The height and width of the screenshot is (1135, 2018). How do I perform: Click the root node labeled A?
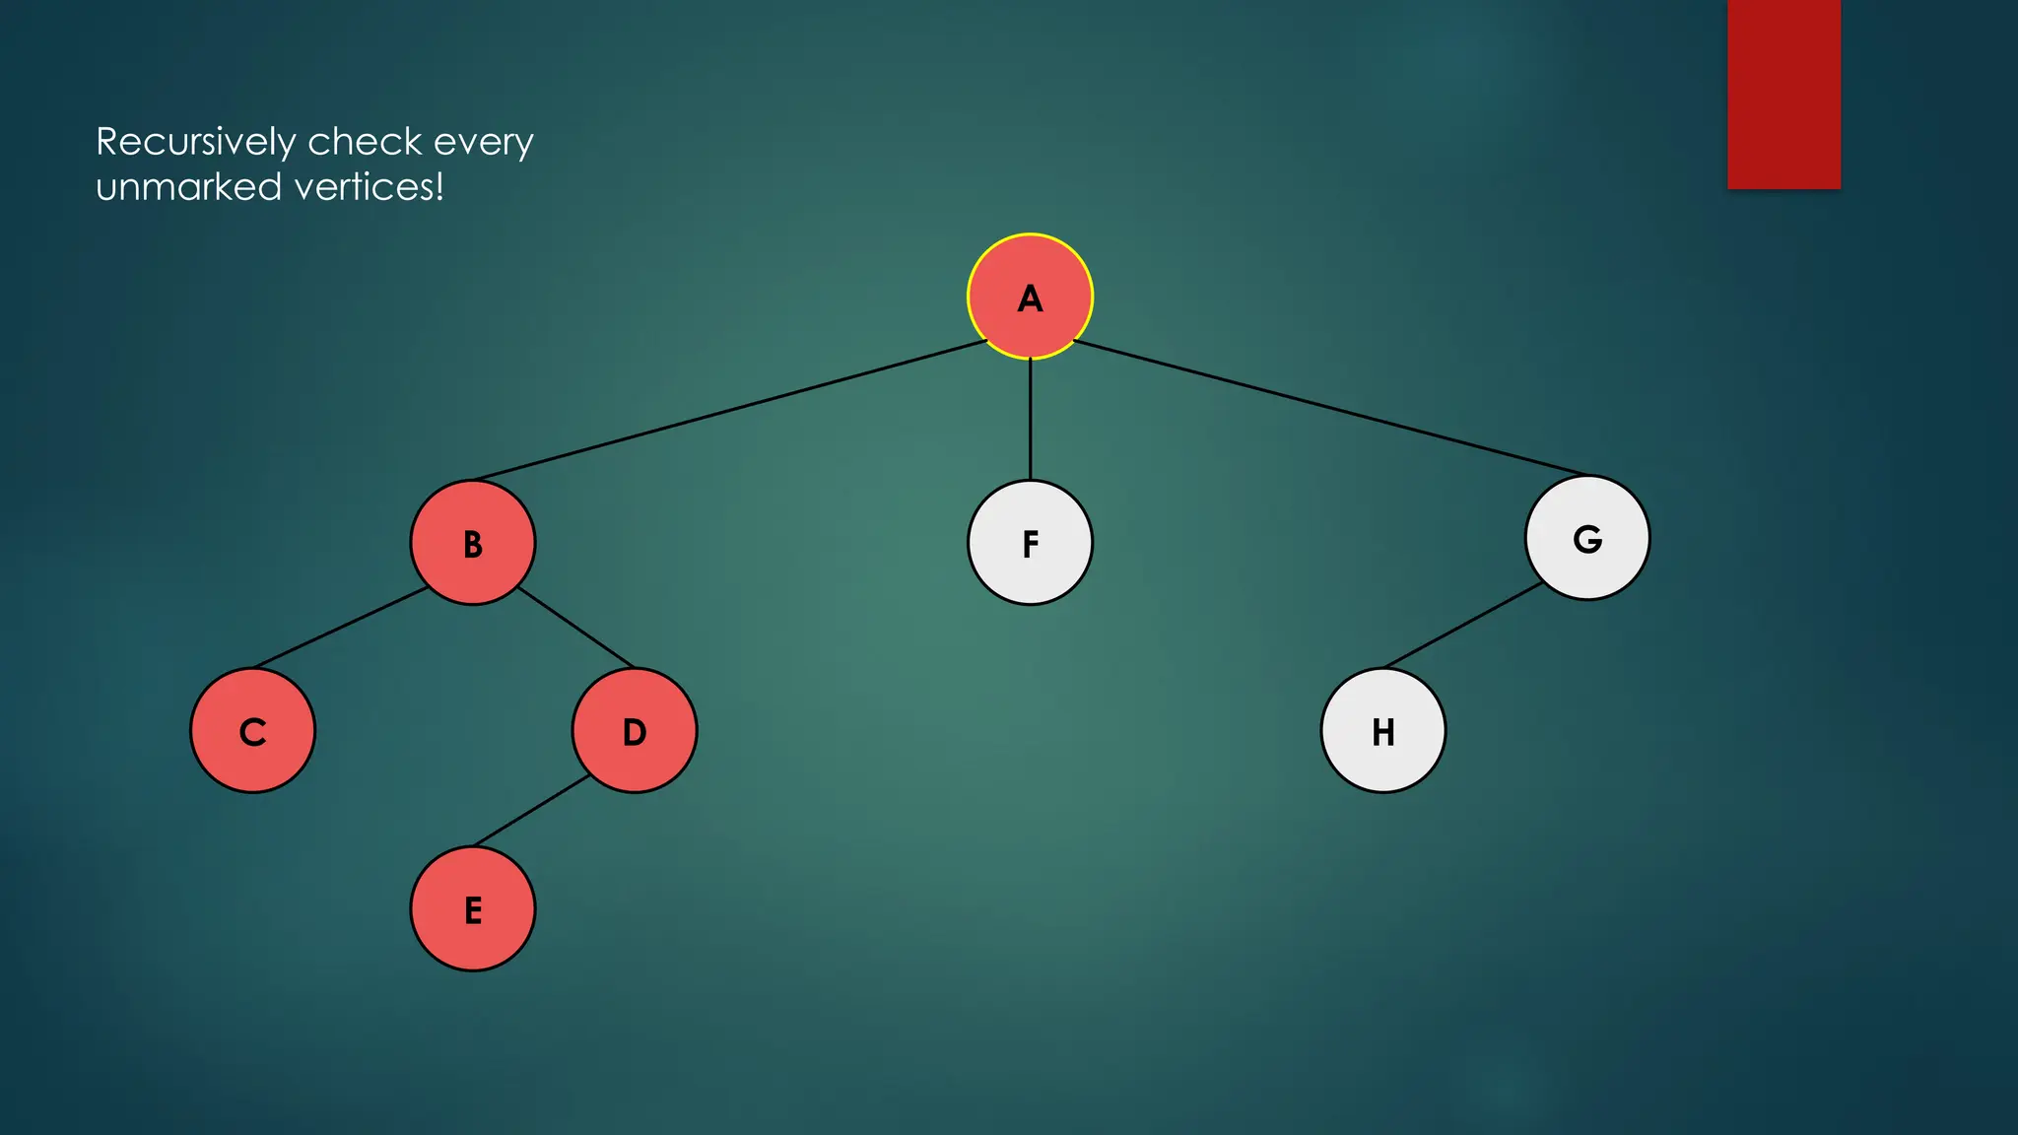click(x=1030, y=297)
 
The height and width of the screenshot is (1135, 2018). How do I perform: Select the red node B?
click(x=473, y=543)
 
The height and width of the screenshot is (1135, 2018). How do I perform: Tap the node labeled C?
click(x=253, y=731)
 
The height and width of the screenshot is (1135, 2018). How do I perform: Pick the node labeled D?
click(x=635, y=731)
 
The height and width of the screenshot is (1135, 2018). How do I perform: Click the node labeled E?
click(x=473, y=909)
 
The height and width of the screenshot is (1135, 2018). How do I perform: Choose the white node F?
click(x=1030, y=543)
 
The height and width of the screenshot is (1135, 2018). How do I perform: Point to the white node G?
click(x=1587, y=538)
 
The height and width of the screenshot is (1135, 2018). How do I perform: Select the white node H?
click(x=1383, y=731)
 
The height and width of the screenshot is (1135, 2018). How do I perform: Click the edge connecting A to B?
click(x=729, y=411)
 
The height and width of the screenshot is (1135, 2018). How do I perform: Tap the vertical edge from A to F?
click(x=1031, y=419)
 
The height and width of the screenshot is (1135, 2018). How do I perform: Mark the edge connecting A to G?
click(x=1330, y=408)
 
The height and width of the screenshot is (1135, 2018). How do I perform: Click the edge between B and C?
click(x=340, y=628)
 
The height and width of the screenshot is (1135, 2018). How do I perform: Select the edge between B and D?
click(x=575, y=628)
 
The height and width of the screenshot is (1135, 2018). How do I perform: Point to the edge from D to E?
click(x=532, y=811)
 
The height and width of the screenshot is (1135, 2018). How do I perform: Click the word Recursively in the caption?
click(x=195, y=143)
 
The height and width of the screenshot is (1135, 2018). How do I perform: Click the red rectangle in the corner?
click(x=1783, y=94)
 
